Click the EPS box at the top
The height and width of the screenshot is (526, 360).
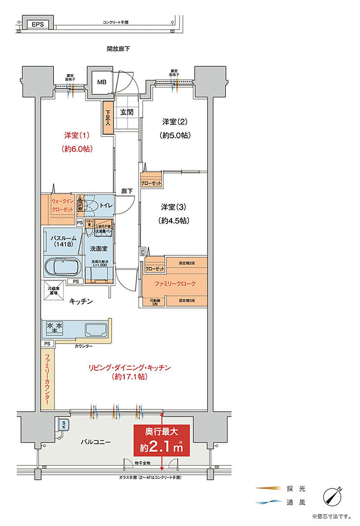click(x=37, y=24)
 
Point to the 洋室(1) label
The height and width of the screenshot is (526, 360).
click(x=77, y=136)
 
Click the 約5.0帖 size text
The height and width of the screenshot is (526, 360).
click(x=174, y=136)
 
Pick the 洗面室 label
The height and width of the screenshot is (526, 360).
click(x=99, y=249)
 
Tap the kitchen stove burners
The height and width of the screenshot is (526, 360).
click(x=55, y=327)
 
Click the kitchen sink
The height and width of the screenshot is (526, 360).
click(x=94, y=329)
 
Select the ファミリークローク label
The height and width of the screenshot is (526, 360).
click(x=175, y=283)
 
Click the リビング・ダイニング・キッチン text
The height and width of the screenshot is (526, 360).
click(x=129, y=368)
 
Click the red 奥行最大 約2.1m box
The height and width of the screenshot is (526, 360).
click(x=162, y=440)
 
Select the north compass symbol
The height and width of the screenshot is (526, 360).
click(x=333, y=496)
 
